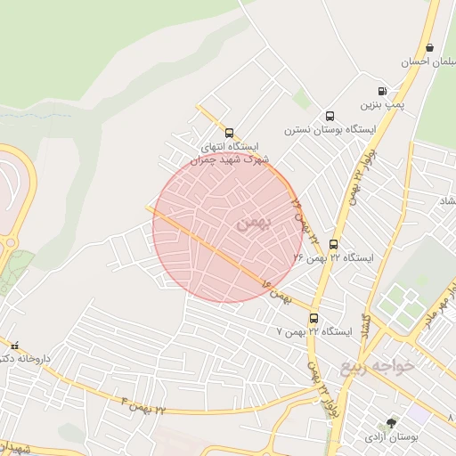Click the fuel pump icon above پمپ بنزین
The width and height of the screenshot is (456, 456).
coord(382,91)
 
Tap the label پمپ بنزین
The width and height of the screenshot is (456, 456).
coord(382,105)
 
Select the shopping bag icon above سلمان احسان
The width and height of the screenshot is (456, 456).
coord(430,48)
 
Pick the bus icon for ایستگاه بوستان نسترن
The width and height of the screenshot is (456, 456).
coord(330,116)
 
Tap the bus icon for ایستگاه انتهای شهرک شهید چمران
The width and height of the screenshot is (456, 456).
coord(229,133)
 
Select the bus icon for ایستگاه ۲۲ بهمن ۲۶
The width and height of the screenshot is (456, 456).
coord(334,244)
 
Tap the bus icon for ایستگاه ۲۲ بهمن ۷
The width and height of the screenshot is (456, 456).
coord(313,318)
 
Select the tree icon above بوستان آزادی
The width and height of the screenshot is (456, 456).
coord(391,424)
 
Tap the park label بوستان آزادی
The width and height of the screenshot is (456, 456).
coord(388,438)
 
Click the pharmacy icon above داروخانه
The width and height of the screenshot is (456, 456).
coord(13,345)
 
